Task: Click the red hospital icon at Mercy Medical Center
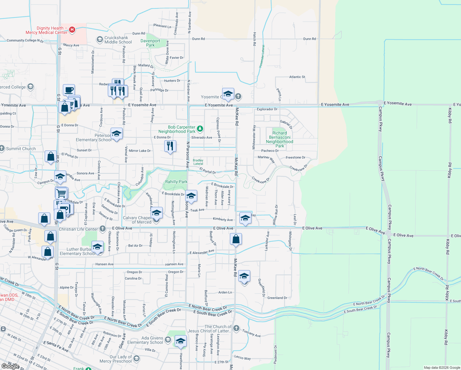[x=72, y=30]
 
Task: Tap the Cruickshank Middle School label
[x=118, y=40]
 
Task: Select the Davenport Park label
[x=150, y=43]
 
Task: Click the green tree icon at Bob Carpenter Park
[x=200, y=128]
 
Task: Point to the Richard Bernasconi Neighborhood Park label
[x=279, y=140]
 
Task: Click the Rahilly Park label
[x=176, y=182]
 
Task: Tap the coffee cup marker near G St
[x=69, y=90]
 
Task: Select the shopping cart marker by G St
[x=62, y=193]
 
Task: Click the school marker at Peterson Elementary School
[x=116, y=134]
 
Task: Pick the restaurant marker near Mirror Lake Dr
[x=170, y=146]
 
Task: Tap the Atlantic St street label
[x=297, y=77]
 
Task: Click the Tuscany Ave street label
[x=251, y=333]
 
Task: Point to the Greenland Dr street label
[x=277, y=298]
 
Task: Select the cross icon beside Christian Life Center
[x=103, y=229]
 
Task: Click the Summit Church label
[x=21, y=149]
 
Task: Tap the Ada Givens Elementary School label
[x=145, y=340]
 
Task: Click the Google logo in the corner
[x=10, y=366]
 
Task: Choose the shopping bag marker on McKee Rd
[x=236, y=239]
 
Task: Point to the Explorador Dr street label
[x=267, y=109]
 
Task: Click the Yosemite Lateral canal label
[x=262, y=56]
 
